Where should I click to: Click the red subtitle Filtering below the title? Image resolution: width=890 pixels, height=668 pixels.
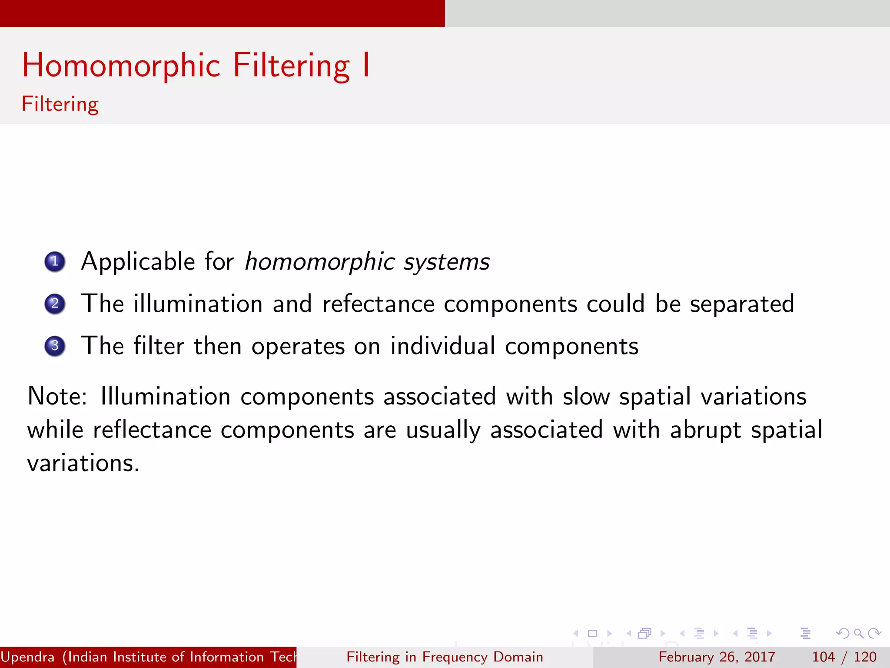pos(60,104)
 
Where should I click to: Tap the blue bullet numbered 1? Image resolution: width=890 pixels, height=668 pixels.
pos(55,261)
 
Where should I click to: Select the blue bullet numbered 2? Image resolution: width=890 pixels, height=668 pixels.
pos(55,304)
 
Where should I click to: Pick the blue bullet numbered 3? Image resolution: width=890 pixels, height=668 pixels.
pos(55,346)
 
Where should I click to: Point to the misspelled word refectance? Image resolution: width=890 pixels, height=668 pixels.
pos(378,304)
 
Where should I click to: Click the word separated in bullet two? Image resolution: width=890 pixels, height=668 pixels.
pos(742,304)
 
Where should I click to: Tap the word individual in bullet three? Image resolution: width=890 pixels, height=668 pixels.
pos(442,346)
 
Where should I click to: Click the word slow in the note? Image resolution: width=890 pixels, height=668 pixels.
pos(586,396)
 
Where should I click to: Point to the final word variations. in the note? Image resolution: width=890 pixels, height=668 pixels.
pos(83,463)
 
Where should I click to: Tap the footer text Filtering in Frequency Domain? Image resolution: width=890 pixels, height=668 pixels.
pos(445,657)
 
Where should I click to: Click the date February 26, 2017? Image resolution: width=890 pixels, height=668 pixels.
pos(717,657)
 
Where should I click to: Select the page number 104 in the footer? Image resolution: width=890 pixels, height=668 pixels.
pos(824,657)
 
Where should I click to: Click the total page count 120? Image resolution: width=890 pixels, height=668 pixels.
pos(865,657)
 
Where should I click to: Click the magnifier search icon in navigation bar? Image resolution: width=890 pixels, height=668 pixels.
pos(858,633)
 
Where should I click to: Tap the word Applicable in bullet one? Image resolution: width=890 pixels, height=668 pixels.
pos(138,262)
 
